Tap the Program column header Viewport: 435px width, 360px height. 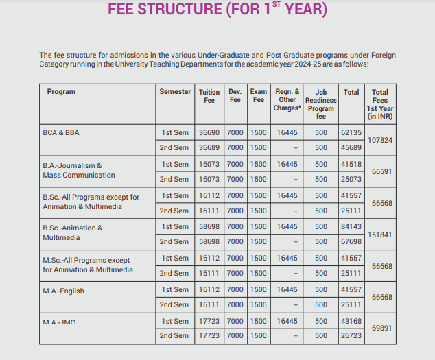[61, 91]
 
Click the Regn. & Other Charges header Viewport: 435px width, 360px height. [287, 99]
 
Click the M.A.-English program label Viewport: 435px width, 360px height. [63, 291]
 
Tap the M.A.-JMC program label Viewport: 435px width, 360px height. [58, 322]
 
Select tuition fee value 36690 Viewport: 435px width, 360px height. [209, 132]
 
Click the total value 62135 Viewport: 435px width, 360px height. [351, 132]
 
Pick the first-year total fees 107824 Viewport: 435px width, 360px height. [380, 140]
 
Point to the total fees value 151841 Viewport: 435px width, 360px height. [380, 234]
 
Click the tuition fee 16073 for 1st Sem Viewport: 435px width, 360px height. [209, 165]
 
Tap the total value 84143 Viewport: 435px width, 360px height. [351, 227]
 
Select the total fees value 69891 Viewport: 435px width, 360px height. [381, 328]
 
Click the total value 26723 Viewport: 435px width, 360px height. [351, 336]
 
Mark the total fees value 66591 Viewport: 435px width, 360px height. [381, 172]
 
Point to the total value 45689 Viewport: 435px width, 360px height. [351, 147]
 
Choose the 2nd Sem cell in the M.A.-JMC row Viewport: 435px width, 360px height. [175, 336]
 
